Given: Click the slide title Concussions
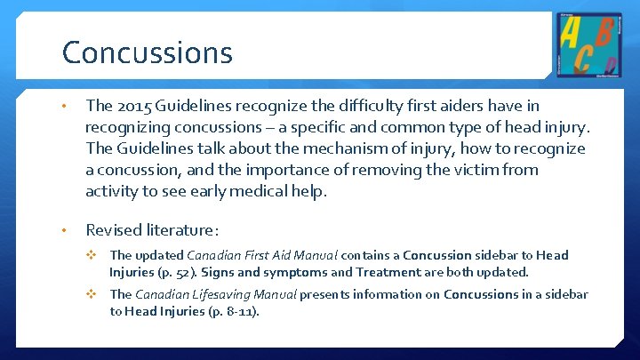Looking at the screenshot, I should pyautogui.click(x=147, y=52).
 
